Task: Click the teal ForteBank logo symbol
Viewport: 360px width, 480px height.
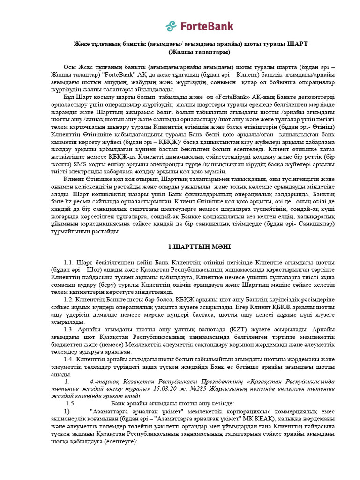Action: click(x=171, y=26)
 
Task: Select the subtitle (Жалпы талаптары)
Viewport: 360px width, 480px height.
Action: click(x=193, y=52)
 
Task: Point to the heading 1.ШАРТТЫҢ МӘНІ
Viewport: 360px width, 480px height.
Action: click(x=193, y=247)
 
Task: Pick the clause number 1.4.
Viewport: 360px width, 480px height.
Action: click(x=69, y=359)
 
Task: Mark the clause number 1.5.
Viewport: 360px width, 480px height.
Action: click(x=71, y=404)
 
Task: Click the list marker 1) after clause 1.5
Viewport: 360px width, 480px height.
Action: click(x=67, y=411)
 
